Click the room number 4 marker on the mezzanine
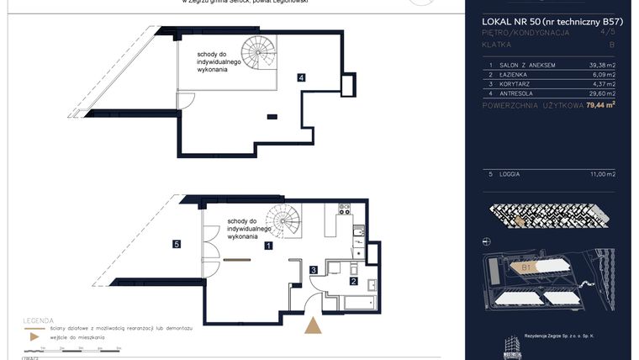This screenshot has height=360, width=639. pyautogui.click(x=300, y=78)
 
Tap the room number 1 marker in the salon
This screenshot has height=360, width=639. pyautogui.click(x=267, y=246)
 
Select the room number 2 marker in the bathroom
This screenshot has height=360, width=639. pyautogui.click(x=354, y=281)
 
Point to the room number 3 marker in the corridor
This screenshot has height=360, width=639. pyautogui.click(x=313, y=270)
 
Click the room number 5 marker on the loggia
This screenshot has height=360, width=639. pyautogui.click(x=176, y=245)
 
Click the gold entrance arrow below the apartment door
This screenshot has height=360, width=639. pyautogui.click(x=313, y=326)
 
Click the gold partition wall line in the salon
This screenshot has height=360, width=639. pyautogui.click(x=238, y=259)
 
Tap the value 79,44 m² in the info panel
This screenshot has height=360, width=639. pyautogui.click(x=601, y=106)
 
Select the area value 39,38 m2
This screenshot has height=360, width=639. pyautogui.click(x=601, y=65)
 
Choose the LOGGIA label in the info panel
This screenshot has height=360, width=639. pyautogui.click(x=510, y=173)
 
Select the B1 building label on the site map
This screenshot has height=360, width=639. pyautogui.click(x=526, y=268)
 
